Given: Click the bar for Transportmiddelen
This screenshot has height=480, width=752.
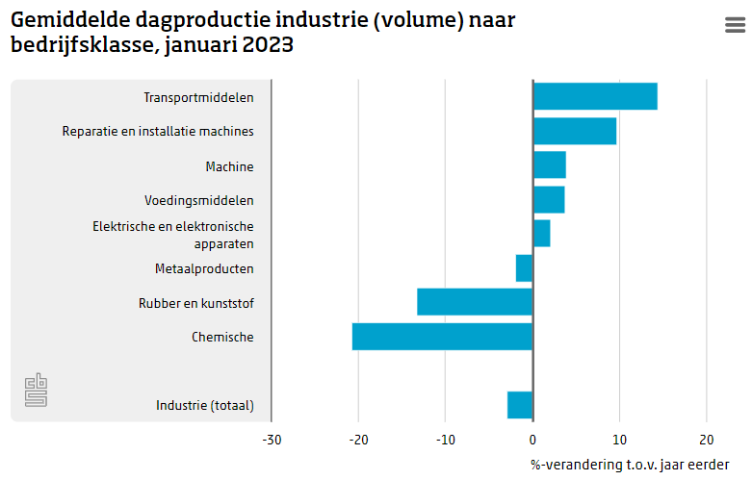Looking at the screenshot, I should pos(595,96).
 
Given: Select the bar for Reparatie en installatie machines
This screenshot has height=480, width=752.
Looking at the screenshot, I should pos(575,131).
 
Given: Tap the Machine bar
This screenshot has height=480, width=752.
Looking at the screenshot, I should pos(549,165).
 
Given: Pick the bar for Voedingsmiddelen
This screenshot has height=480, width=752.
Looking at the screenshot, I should pos(549,200).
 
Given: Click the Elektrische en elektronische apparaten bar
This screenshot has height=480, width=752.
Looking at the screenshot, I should pos(541,234).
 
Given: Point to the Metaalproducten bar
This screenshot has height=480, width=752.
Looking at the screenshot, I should pos(524,268).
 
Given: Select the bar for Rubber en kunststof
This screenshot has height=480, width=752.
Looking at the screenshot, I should pos(475,302).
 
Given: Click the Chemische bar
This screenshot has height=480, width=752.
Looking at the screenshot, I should pos(442,337).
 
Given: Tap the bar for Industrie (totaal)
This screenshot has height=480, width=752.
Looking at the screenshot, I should pos(520,405).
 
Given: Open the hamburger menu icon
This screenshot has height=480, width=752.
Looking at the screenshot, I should pos(735,26).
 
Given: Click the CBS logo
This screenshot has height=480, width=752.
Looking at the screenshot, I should pos(36,391).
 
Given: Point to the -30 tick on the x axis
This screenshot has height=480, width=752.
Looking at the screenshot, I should pos(272,440).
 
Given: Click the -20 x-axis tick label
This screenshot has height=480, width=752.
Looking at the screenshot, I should pos(358,440).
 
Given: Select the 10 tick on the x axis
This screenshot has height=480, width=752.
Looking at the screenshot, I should pos(619,440).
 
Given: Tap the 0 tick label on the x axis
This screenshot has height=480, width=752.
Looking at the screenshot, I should pos(532,440).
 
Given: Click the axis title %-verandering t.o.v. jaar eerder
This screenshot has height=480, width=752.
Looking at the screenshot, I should pos(630,464).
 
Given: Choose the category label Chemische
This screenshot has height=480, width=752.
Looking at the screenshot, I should pos(222,337).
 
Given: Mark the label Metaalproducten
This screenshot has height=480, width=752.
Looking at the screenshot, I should pos(204,268).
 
